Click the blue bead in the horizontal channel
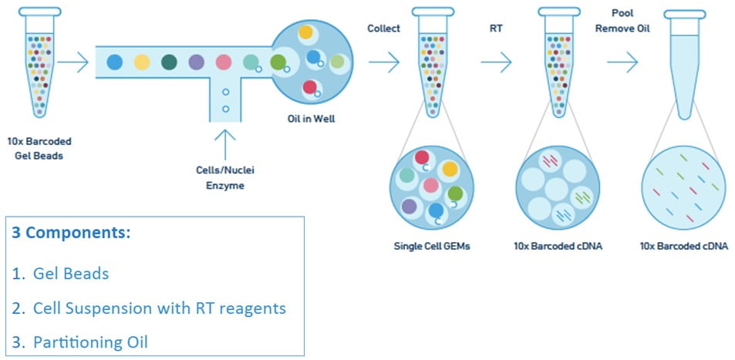click(x=114, y=62)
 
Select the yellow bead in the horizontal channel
click(x=142, y=62)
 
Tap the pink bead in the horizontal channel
click(x=224, y=62)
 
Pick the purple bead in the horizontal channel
click(x=197, y=62)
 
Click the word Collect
click(x=383, y=29)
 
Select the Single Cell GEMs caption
click(x=432, y=246)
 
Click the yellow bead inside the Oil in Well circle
click(x=306, y=33)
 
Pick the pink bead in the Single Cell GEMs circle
click(x=430, y=186)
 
